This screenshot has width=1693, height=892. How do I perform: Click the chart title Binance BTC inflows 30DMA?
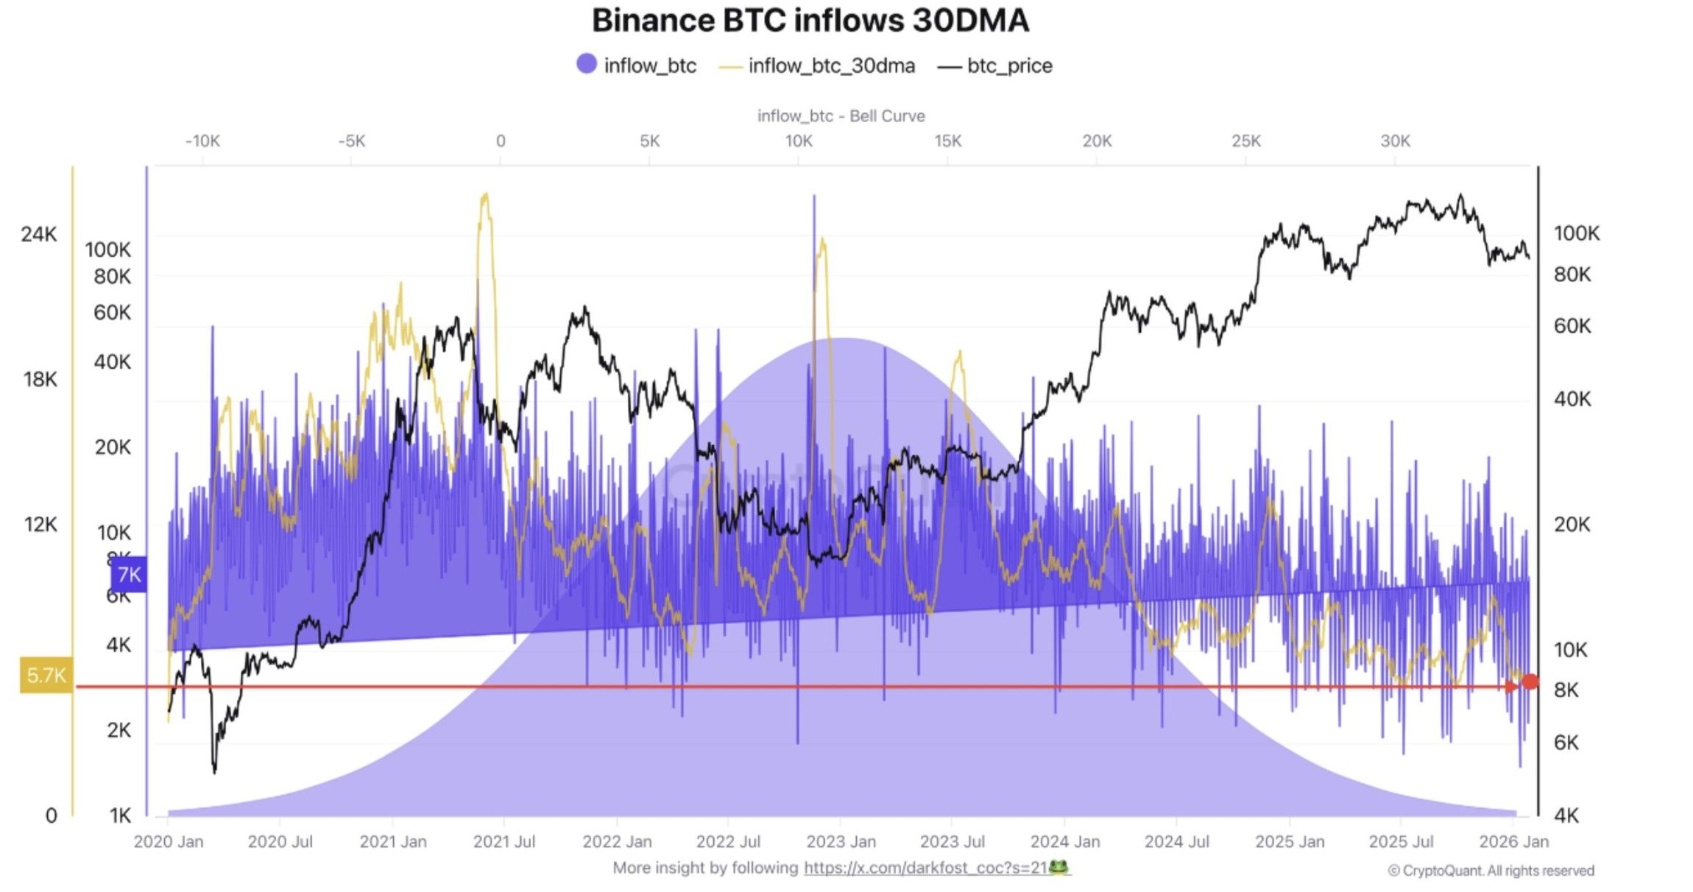point(810,21)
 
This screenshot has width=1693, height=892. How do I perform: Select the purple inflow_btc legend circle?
point(587,64)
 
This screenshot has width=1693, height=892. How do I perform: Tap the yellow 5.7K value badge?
point(46,675)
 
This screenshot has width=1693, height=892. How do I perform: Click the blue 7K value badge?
point(129,574)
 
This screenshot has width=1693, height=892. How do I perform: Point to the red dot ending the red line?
point(1530,682)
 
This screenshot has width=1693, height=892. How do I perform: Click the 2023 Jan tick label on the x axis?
point(841,841)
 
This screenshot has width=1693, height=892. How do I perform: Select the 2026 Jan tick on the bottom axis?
point(1513,841)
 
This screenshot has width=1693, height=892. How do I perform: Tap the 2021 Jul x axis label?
point(503,841)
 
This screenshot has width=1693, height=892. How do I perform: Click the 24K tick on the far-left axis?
point(38,234)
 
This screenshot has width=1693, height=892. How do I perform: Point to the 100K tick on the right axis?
point(1576,233)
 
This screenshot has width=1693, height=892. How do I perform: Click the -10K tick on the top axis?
point(202,141)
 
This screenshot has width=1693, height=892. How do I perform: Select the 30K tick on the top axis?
point(1395,141)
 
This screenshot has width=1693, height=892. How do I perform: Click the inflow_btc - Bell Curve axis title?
point(841,116)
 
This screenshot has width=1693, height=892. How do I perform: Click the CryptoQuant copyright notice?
point(1491,871)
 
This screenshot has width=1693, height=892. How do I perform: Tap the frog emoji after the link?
point(1058,867)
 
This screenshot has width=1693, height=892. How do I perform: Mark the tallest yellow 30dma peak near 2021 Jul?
point(484,196)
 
